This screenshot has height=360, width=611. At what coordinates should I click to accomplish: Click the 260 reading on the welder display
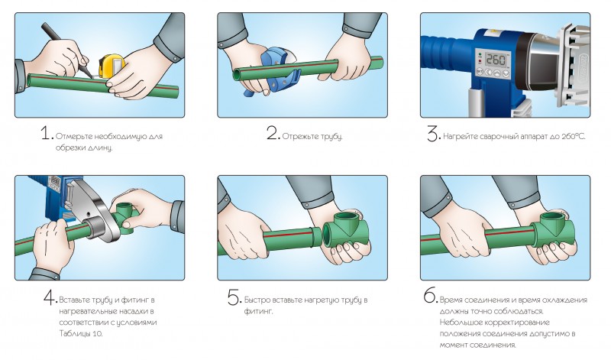tap(496, 60)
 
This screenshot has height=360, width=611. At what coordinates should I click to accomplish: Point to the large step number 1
tap(47, 134)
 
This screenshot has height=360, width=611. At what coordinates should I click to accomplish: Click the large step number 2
tap(273, 133)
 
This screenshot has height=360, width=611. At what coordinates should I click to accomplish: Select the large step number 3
tap(433, 134)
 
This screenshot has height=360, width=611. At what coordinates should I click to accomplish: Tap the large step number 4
tap(50, 297)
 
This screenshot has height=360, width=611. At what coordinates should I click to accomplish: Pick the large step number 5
tap(234, 297)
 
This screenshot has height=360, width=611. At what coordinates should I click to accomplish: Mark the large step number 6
tap(431, 296)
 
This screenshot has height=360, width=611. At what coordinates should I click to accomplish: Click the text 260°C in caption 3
tap(574, 137)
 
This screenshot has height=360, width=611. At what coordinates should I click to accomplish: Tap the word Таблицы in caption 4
tap(74, 334)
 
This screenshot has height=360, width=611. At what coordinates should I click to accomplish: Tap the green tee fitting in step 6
tap(553, 229)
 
